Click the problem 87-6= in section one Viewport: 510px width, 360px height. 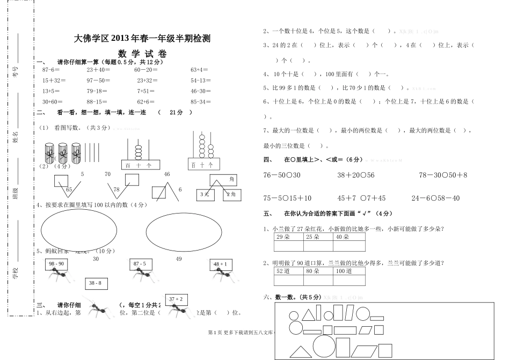(x=51, y=70)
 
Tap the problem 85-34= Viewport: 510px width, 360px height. (x=201, y=101)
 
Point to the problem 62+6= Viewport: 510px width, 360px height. (x=145, y=101)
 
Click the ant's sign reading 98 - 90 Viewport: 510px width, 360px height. (x=56, y=264)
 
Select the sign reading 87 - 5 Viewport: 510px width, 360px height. (x=139, y=264)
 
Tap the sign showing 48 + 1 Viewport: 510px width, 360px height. (x=220, y=264)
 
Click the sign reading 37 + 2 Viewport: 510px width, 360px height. (x=176, y=299)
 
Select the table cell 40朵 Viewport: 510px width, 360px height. (x=349, y=237)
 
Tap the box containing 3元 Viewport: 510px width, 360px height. (x=205, y=194)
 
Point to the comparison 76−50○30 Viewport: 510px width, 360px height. (x=282, y=175)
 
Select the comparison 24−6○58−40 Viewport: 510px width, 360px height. (x=436, y=198)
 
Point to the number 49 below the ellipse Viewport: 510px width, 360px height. (x=179, y=259)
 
